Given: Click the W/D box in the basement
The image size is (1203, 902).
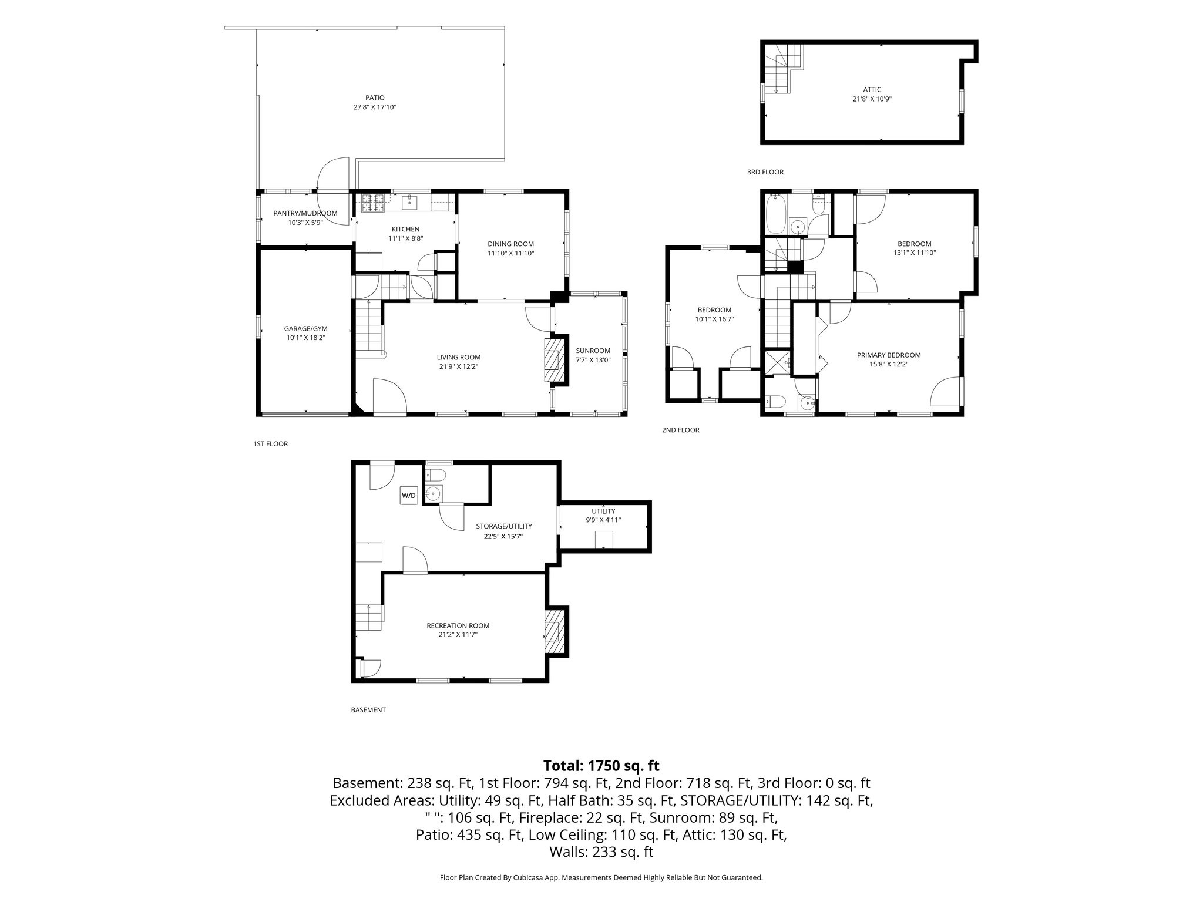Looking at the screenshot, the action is (x=409, y=496).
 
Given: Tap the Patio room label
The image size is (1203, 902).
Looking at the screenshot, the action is (x=375, y=97).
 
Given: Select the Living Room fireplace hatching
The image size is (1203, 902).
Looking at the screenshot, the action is (x=553, y=359).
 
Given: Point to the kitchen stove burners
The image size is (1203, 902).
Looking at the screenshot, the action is (x=373, y=204).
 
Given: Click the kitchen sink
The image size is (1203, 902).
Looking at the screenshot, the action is (x=409, y=203).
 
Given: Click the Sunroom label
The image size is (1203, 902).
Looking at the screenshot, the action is (x=593, y=351).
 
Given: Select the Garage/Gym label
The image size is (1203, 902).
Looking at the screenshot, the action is (x=305, y=328).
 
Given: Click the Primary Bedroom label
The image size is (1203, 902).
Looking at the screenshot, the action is (x=889, y=355).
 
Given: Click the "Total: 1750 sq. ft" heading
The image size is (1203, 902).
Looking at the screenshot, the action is (x=601, y=766).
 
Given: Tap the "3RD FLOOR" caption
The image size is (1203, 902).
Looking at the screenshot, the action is (x=765, y=172).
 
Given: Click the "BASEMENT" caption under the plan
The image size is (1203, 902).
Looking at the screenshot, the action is (x=368, y=709).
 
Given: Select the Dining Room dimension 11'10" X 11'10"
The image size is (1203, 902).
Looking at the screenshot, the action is (x=510, y=253).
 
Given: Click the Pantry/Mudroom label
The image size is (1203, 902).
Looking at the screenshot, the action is (x=305, y=213).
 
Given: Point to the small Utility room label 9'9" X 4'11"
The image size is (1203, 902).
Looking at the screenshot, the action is (x=603, y=520).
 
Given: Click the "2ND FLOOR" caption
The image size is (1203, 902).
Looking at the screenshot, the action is (x=681, y=430).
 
